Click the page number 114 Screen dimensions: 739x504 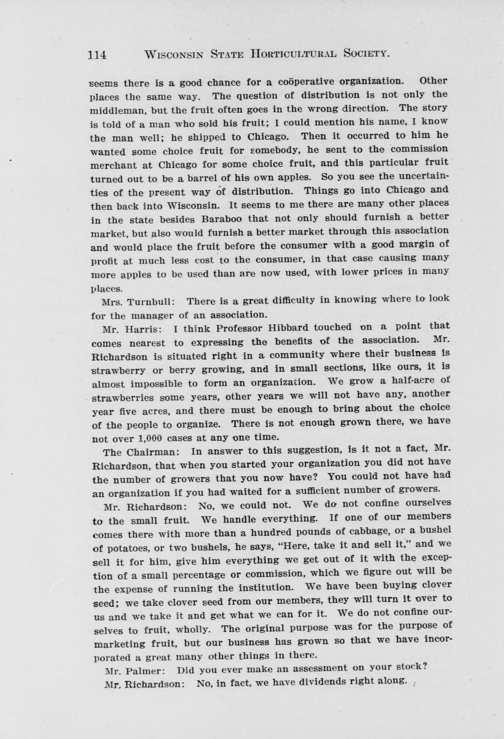click(97, 55)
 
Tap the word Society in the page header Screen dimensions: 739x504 click(366, 53)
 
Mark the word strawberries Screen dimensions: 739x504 click(123, 397)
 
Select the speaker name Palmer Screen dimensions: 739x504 click(142, 670)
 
